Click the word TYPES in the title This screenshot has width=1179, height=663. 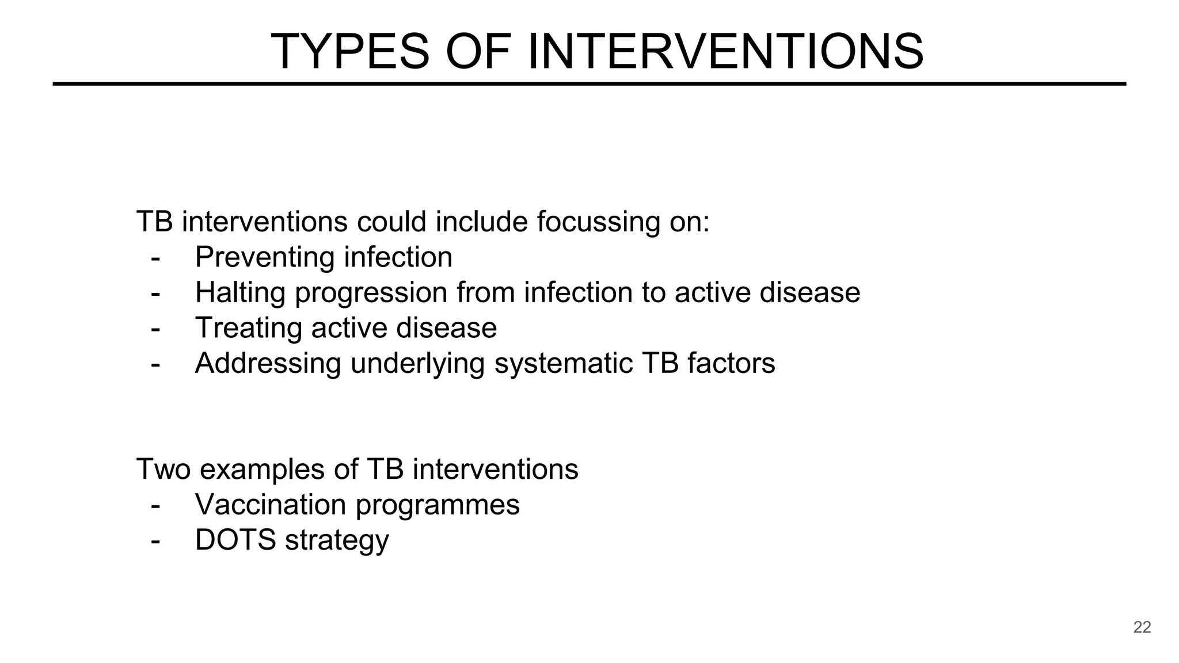click(x=349, y=52)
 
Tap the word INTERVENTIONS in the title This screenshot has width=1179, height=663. click(x=725, y=52)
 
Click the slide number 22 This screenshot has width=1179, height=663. click(x=1142, y=627)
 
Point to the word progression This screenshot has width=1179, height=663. click(x=371, y=294)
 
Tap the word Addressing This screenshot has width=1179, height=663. click(x=268, y=364)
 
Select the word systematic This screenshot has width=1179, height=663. click(x=563, y=364)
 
